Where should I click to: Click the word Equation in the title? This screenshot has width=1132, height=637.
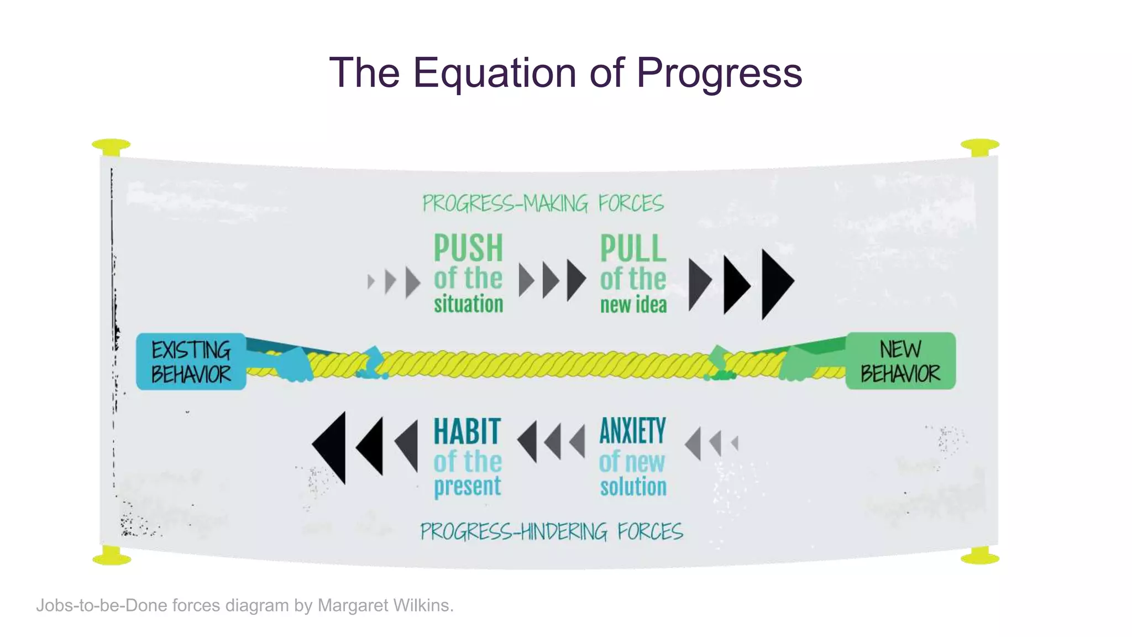click(494, 72)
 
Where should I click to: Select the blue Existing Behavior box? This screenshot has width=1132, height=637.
click(191, 362)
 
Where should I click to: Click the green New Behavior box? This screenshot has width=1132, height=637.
click(900, 361)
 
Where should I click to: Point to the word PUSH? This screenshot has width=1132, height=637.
click(468, 248)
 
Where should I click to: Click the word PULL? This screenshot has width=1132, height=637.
click(633, 249)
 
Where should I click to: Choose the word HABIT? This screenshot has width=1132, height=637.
click(467, 431)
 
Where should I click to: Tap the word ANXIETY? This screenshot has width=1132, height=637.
click(633, 431)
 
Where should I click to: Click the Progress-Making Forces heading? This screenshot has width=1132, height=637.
click(543, 203)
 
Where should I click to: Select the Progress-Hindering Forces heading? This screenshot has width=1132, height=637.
click(551, 531)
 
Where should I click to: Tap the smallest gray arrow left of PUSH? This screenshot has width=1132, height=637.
click(371, 282)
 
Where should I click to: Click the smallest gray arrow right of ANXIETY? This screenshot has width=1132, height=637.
click(735, 443)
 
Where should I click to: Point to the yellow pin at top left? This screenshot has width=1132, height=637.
click(111, 147)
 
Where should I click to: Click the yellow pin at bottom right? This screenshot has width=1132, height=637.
click(980, 556)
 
